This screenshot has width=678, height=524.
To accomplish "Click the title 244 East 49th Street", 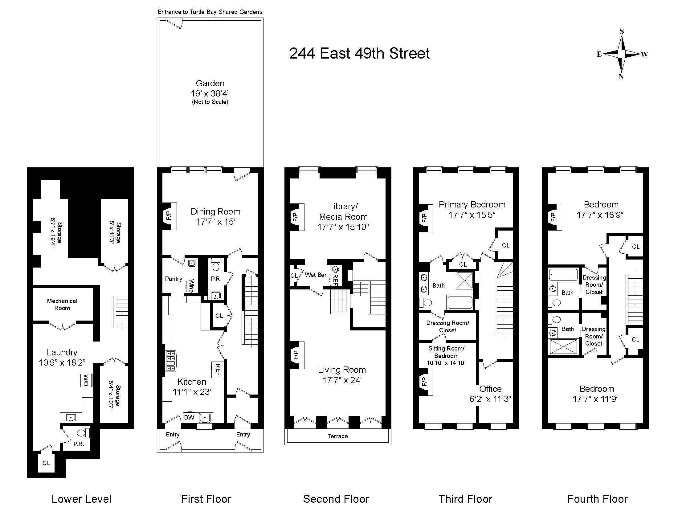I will (x=359, y=53).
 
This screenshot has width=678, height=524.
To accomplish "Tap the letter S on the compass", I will (x=622, y=31).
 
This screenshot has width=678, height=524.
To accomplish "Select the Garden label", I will (x=210, y=83).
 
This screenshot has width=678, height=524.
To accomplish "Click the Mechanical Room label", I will (x=62, y=304).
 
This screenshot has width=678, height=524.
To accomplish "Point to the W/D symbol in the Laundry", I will (x=85, y=380).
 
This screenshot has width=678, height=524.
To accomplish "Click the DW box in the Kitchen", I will (x=189, y=417).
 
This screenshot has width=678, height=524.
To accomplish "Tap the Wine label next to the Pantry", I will (x=191, y=286).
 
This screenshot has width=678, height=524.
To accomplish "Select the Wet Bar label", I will (x=315, y=275).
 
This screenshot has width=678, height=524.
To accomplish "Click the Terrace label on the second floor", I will (x=338, y=436).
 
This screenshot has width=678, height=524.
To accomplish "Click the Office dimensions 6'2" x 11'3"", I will (x=490, y=399).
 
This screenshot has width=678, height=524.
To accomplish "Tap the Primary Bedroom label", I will (x=472, y=205).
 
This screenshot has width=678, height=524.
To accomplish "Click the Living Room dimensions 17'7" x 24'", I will (x=342, y=380).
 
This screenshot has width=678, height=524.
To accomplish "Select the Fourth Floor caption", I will (x=597, y=499).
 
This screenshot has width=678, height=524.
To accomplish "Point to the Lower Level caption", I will (x=81, y=499).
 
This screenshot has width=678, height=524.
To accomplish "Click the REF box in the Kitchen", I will (x=218, y=369).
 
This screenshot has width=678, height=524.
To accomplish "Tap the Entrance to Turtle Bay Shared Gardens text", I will (x=210, y=12).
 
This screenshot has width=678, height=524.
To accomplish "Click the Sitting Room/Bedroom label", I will (x=447, y=352).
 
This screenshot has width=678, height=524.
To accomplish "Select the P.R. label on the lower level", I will (x=79, y=444).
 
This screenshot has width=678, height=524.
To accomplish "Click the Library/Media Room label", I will (x=343, y=211).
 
